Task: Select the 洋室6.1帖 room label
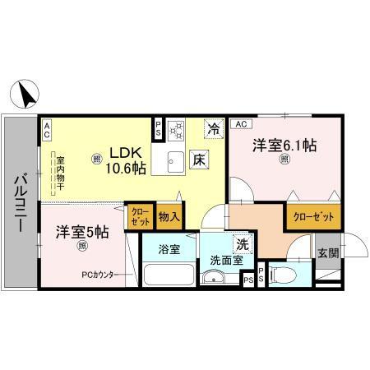(284, 145)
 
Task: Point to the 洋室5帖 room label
(82, 233)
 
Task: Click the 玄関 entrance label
(326, 253)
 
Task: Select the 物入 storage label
(169, 217)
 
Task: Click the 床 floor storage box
(200, 160)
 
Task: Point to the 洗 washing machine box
(243, 243)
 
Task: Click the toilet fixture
(277, 275)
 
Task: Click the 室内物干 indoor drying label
(60, 174)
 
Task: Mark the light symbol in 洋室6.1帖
(284, 160)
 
